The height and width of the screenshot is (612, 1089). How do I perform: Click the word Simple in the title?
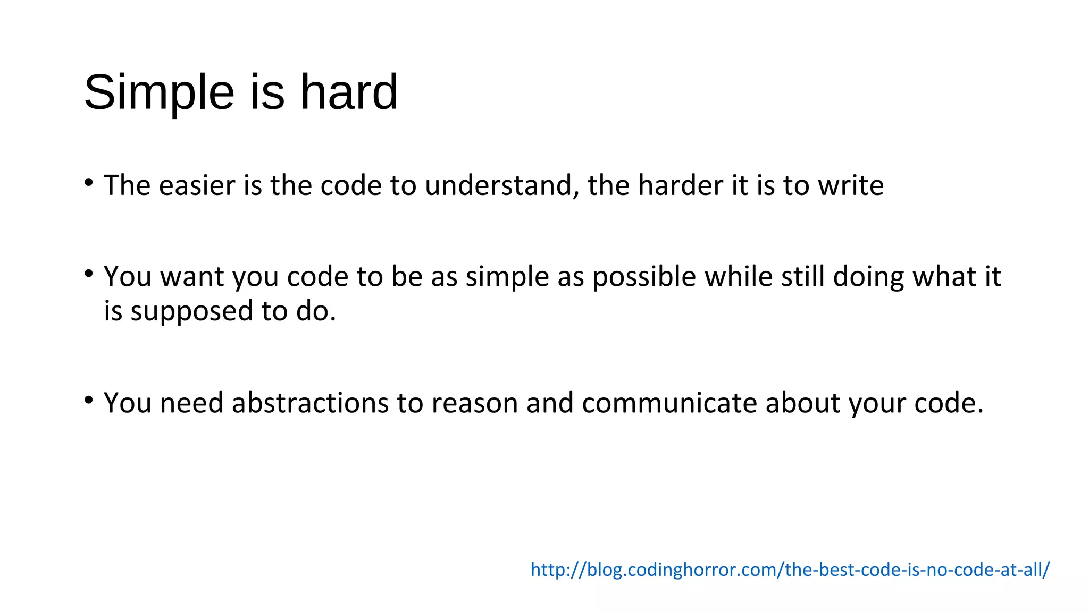(159, 92)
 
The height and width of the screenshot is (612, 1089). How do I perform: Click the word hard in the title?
(349, 92)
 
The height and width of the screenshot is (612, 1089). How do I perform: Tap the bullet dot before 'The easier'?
(89, 183)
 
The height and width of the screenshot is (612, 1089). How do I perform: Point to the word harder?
(680, 185)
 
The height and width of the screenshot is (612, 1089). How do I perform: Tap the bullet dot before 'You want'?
(89, 274)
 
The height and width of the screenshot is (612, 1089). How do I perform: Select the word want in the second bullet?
(192, 277)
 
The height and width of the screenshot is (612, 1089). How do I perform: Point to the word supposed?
(192, 311)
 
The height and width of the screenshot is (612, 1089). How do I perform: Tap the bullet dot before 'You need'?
(89, 400)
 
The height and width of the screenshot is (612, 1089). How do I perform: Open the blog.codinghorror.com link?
(790, 569)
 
